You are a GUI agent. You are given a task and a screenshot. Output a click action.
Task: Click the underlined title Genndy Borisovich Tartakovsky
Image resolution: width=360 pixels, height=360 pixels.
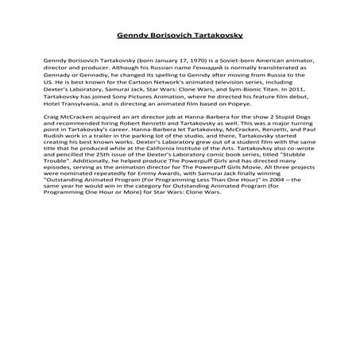pyautogui.click(x=179, y=35)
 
